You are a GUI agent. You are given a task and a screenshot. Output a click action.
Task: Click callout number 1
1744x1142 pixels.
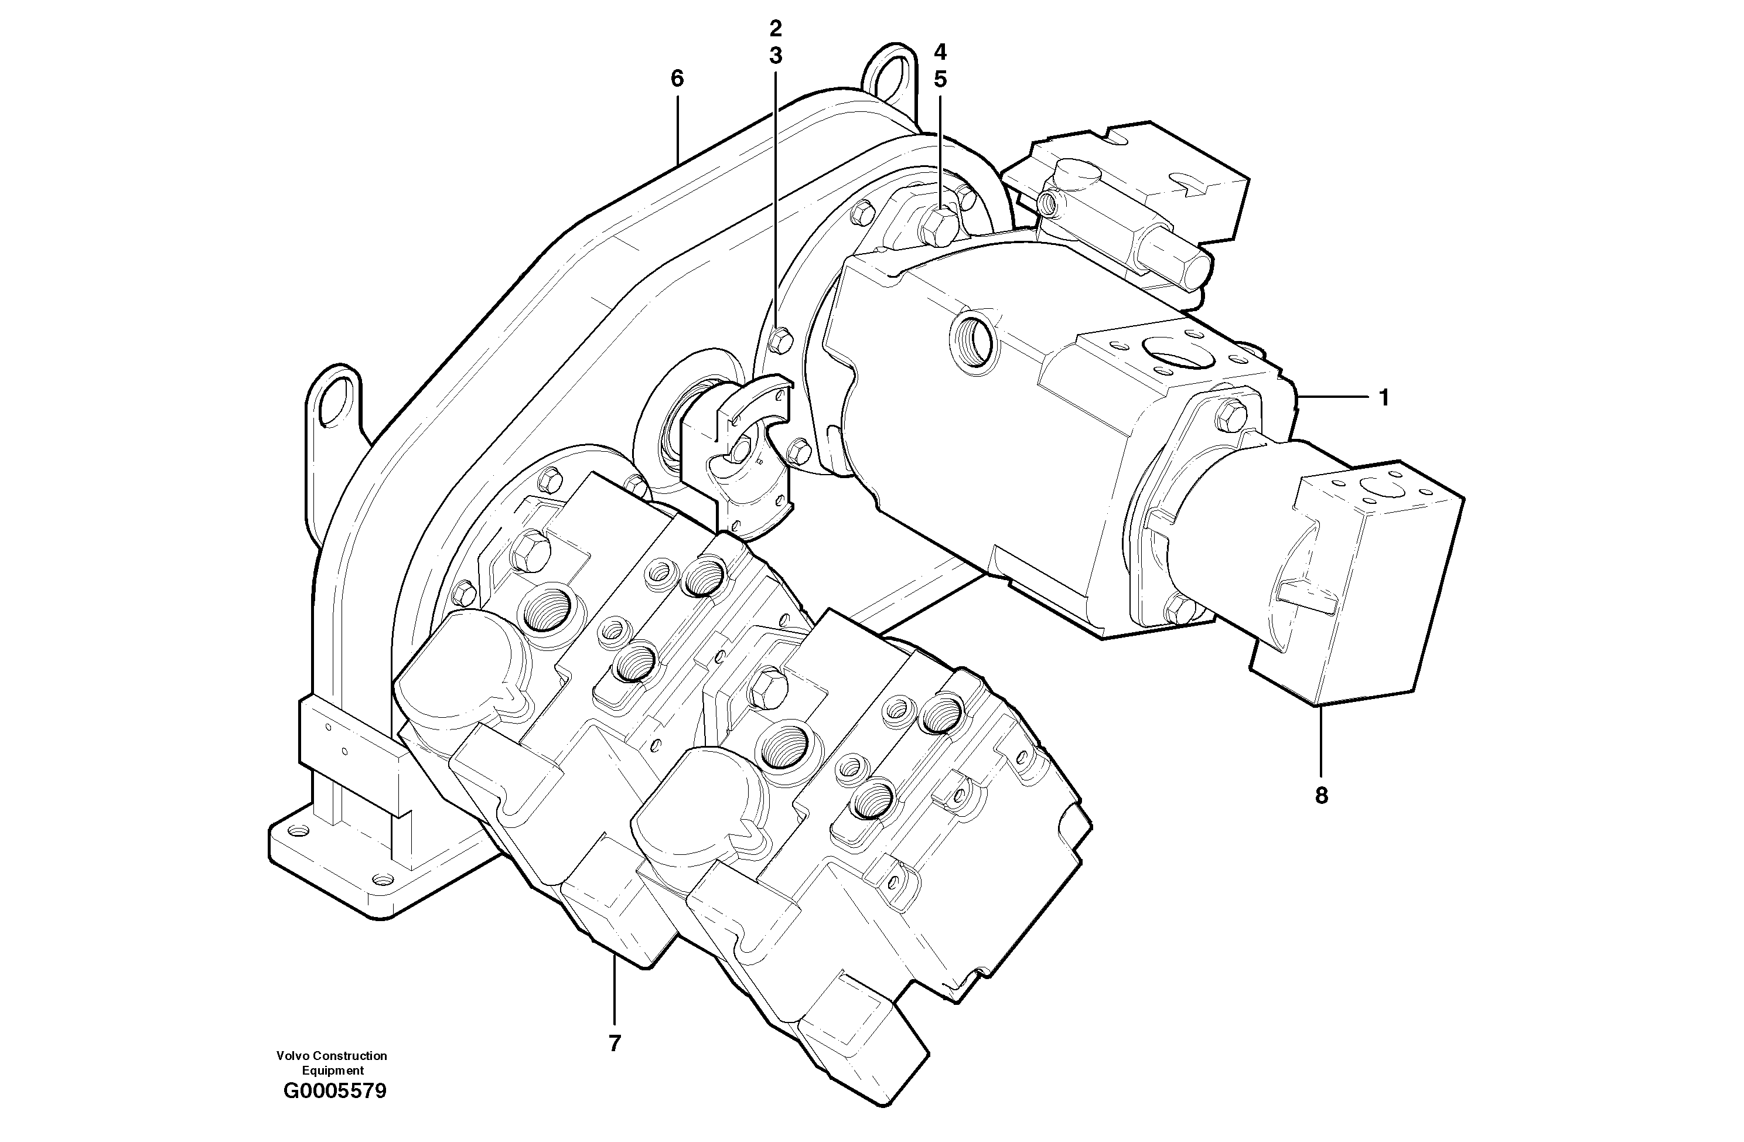pos(1384,398)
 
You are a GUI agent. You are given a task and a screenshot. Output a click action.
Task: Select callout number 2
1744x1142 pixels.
pos(775,29)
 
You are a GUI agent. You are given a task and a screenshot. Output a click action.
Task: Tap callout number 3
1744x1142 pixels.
pos(775,56)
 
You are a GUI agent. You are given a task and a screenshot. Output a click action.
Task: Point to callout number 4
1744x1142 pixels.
pos(940,52)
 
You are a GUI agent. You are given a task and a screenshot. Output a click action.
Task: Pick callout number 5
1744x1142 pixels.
pos(940,79)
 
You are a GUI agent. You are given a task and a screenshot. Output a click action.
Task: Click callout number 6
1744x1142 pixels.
pos(677,79)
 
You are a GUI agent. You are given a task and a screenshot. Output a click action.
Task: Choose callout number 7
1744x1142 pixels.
pos(614,1043)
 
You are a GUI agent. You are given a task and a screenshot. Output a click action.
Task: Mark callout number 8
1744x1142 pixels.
pos(1321,795)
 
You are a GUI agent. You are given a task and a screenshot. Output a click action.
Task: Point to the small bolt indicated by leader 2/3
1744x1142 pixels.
pos(779,339)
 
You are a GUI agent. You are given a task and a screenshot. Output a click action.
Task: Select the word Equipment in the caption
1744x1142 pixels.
pos(333,1071)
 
